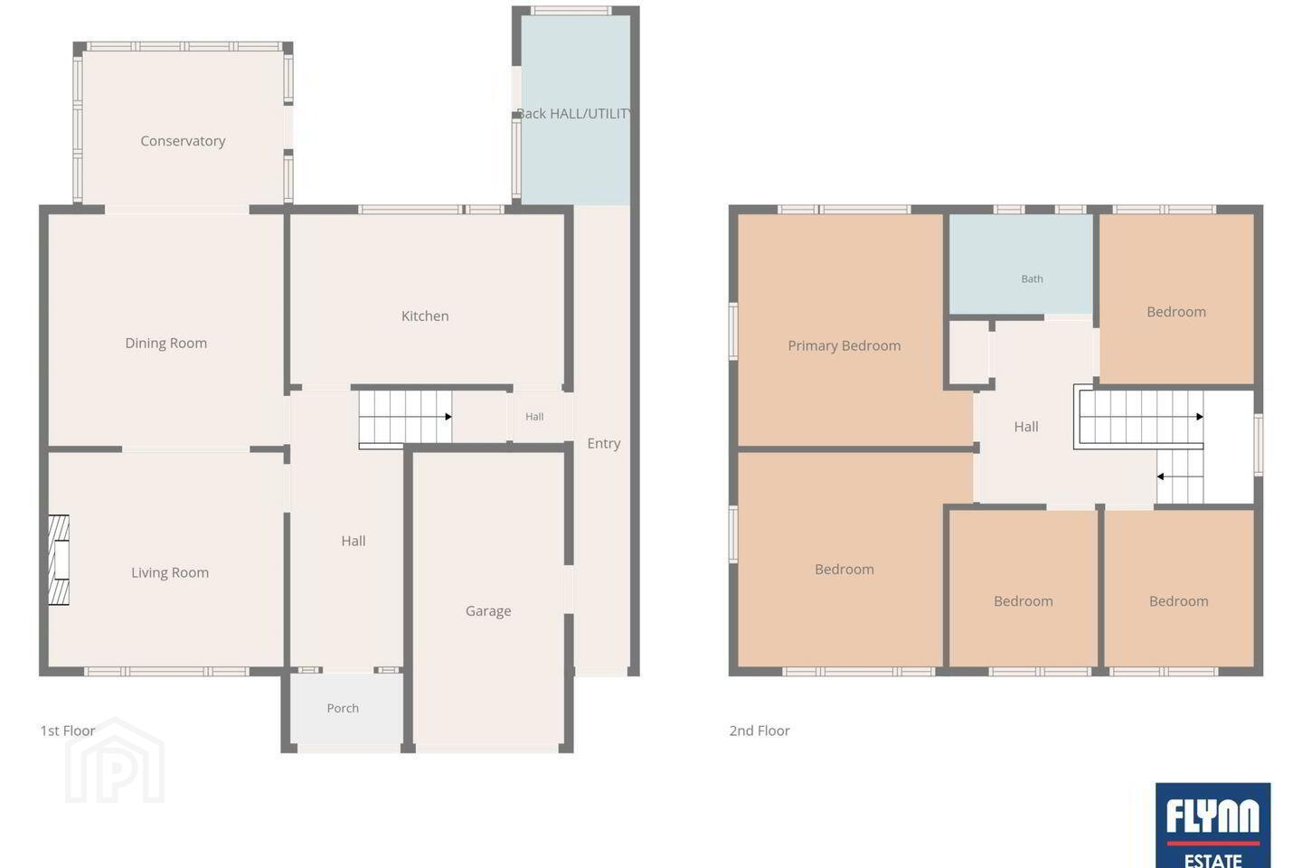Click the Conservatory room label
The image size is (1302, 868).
183,141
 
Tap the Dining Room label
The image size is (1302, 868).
166,343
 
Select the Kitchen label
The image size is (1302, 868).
425,316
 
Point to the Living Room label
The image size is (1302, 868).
170,572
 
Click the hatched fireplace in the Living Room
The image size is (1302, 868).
59,560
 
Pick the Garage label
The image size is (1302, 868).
488,611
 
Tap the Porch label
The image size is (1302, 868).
343,708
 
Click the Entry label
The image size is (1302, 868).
603,444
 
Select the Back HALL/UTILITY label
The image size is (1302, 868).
574,114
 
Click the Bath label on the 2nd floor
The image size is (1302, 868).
1033,279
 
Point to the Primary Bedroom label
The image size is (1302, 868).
844,346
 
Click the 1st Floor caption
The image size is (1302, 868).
68,731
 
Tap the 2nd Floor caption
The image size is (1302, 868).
759,731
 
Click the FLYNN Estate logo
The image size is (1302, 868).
1213,825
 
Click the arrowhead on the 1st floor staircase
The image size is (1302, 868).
448,417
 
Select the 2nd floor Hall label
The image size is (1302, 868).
1026,427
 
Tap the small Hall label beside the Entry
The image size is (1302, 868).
534,417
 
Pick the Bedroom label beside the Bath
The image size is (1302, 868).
1176,312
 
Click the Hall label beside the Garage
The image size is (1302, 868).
354,542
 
